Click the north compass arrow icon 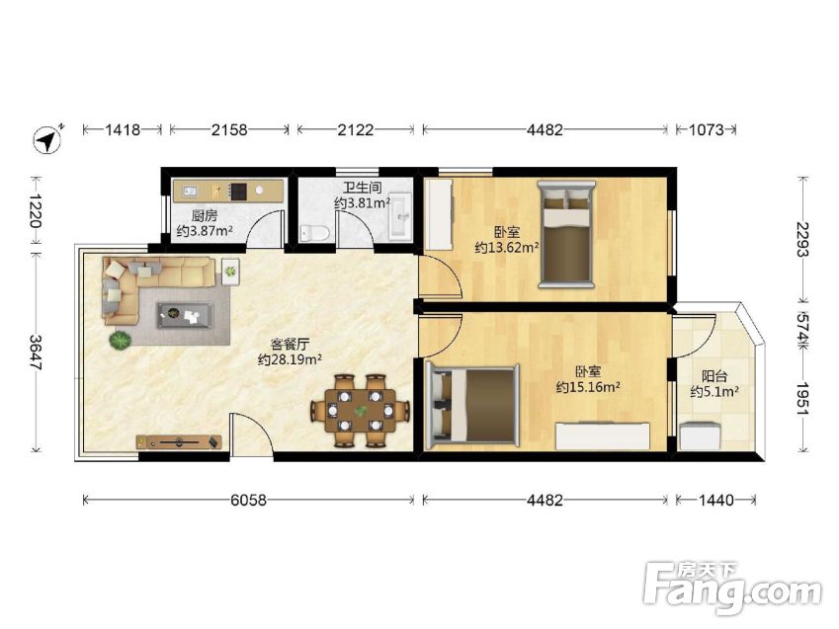click(x=48, y=139)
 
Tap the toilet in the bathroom click(x=314, y=233)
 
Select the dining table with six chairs click(x=361, y=410)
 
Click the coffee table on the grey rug click(x=185, y=315)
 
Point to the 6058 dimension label click(x=248, y=500)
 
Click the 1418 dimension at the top click(x=123, y=129)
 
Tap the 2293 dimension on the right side click(x=802, y=239)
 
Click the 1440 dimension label click(x=715, y=500)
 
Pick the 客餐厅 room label click(x=290, y=344)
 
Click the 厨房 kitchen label click(x=205, y=216)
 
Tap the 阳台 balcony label click(x=714, y=376)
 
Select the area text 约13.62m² click(x=507, y=248)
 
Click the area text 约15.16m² click(x=588, y=387)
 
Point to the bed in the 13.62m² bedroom click(x=566, y=234)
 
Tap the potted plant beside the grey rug click(x=121, y=340)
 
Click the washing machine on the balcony click(x=700, y=435)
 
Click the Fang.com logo click(x=732, y=589)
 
